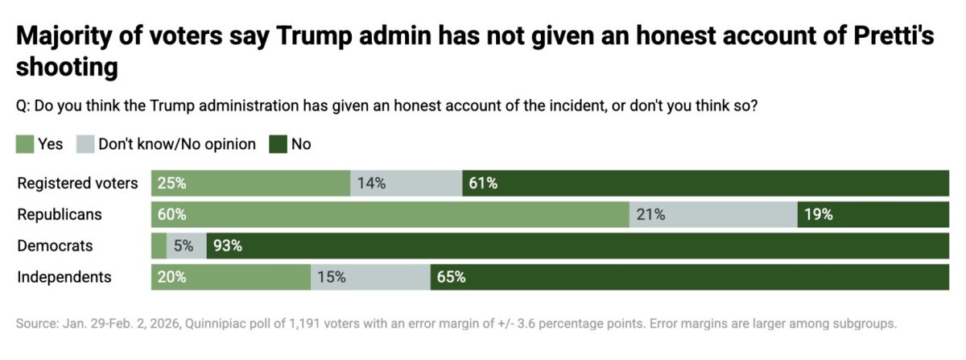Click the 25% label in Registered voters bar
(x=172, y=183)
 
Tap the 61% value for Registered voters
(x=483, y=183)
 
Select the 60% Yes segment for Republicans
(x=390, y=214)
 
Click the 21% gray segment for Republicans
(x=713, y=214)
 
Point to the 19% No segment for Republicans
(x=873, y=214)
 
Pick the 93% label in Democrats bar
(x=228, y=246)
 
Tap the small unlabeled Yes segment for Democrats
(x=159, y=246)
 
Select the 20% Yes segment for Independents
(x=231, y=277)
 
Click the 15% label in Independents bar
(x=332, y=277)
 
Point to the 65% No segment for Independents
(x=690, y=277)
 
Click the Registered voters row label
(x=77, y=183)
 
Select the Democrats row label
(x=55, y=246)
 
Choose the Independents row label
(x=64, y=277)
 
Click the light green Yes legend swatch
(x=25, y=144)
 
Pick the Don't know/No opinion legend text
(x=176, y=144)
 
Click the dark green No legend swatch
(x=278, y=144)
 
